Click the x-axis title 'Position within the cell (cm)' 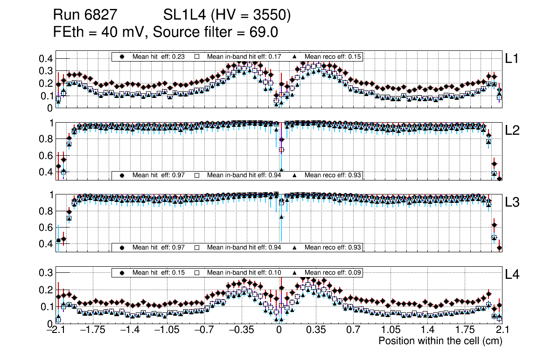440,341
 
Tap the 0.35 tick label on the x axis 316,330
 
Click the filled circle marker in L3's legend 122,247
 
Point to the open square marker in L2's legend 197,175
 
